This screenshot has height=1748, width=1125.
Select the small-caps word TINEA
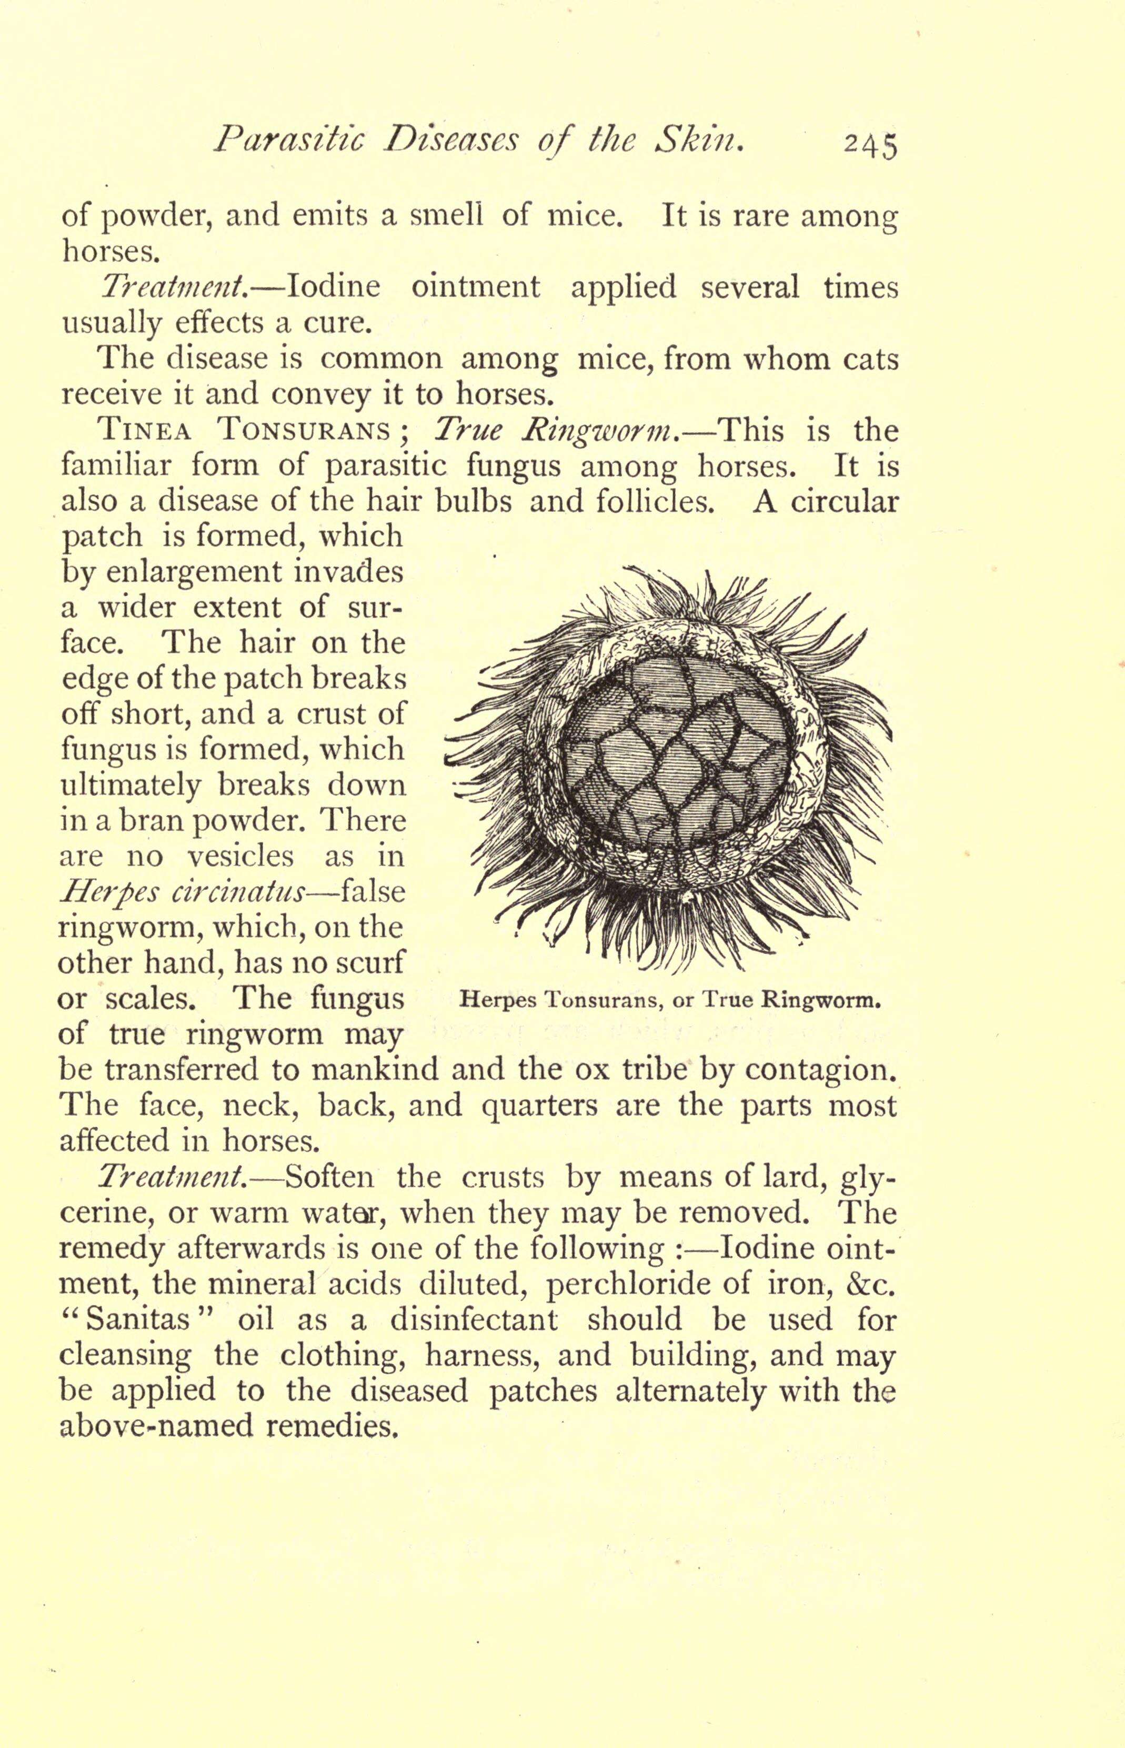[x=145, y=431]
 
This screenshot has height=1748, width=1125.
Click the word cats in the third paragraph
[x=870, y=360]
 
